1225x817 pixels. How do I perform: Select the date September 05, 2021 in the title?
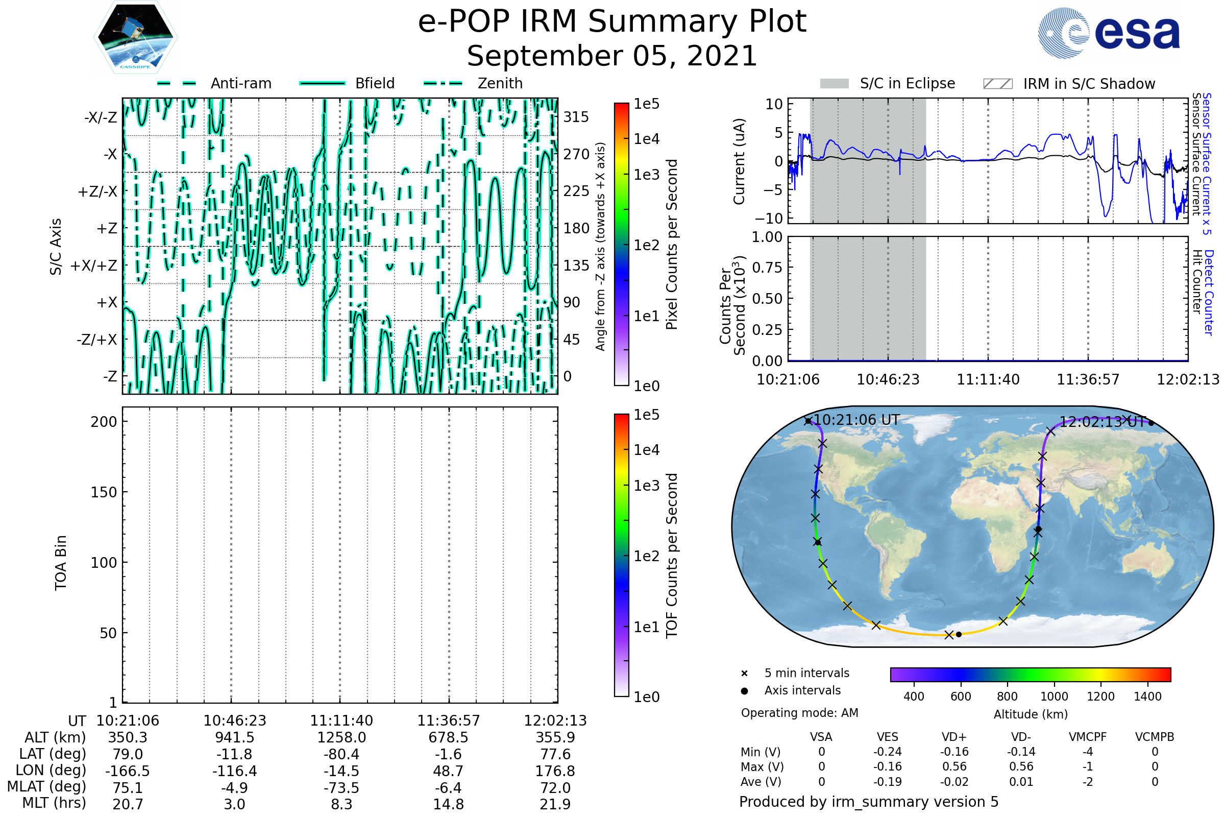(x=612, y=56)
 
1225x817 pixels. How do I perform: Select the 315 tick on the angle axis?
(x=576, y=117)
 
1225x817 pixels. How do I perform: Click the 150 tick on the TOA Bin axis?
(x=104, y=492)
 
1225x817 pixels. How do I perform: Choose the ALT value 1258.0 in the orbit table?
(x=341, y=738)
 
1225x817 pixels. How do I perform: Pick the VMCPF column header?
(x=1088, y=737)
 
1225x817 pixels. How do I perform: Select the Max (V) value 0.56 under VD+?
(x=954, y=767)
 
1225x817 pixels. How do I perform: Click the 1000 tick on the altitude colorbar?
(x=1053, y=696)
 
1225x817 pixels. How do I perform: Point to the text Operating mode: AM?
(x=799, y=713)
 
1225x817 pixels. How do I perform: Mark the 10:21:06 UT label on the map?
(x=856, y=420)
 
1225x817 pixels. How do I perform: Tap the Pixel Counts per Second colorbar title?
(x=672, y=245)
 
